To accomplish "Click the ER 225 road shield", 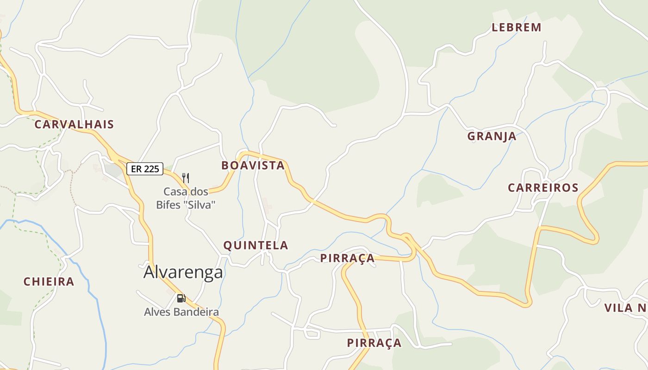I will (145, 169).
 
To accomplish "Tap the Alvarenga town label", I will (183, 272).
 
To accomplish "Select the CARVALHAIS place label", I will (74, 124).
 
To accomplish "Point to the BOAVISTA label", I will (253, 166).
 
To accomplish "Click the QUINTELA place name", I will (255, 246).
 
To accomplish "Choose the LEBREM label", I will (517, 27).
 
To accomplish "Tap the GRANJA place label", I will (492, 136).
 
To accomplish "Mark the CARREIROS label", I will (543, 188).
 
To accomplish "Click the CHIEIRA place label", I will (49, 282).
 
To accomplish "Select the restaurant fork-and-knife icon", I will (186, 178).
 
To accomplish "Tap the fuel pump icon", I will (181, 298).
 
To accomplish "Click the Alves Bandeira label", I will (181, 312).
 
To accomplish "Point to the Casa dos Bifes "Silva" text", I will (186, 198).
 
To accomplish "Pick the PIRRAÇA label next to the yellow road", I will (347, 258).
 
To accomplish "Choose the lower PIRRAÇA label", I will (374, 343).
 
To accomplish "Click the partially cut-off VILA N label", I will (625, 308).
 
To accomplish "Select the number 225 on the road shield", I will (152, 169).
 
